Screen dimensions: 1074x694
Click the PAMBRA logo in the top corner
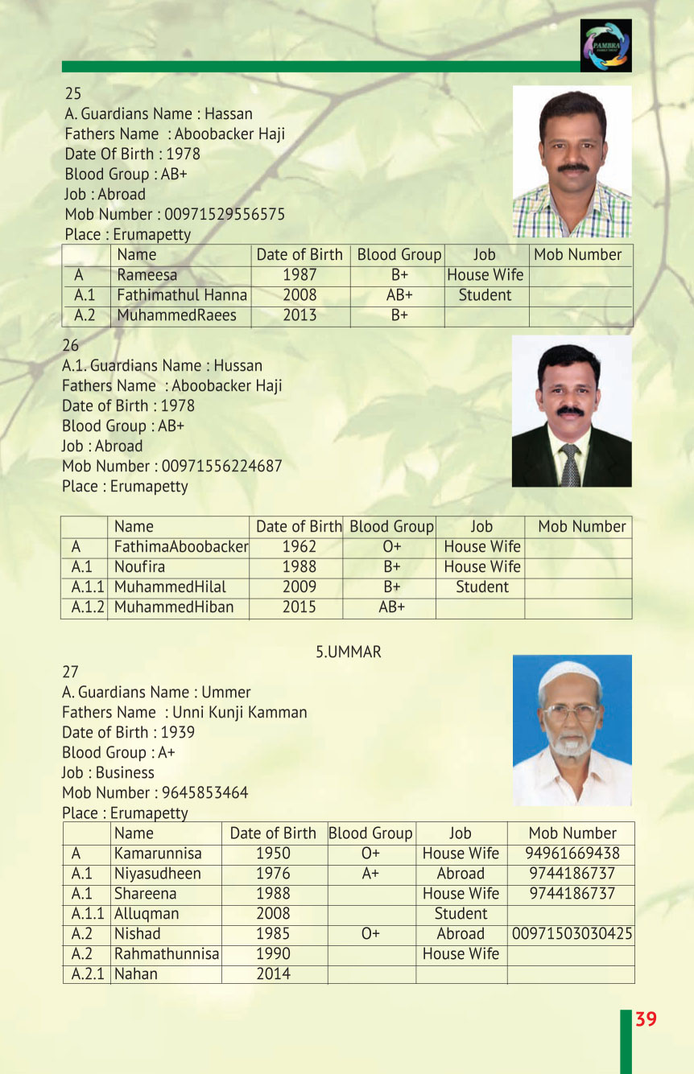tap(605, 46)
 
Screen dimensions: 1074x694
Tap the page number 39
tap(646, 1019)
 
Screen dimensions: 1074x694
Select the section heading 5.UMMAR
tap(348, 652)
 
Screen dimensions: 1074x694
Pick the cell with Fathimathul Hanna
tap(182, 295)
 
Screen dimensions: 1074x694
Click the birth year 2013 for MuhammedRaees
tap(299, 315)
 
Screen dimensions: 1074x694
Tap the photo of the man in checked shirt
tap(572, 162)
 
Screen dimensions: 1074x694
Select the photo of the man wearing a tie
tap(572, 411)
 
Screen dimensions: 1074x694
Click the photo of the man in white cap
tap(572, 730)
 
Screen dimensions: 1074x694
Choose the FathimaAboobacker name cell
tap(180, 547)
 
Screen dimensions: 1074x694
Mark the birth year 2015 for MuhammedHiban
tap(299, 607)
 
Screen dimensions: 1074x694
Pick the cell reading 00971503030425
tap(572, 934)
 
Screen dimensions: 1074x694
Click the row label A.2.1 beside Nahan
tap(87, 974)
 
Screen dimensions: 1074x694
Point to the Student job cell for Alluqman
tap(461, 914)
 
